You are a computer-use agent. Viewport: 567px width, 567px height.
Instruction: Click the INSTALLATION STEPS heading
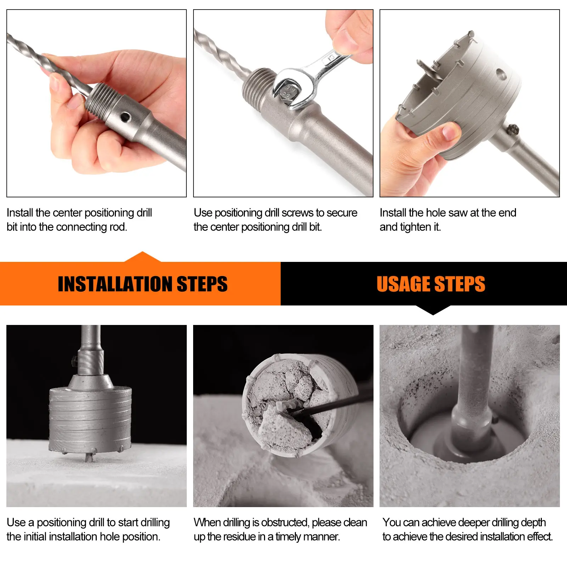[142, 284]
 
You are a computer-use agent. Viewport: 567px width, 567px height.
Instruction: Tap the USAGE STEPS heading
[431, 284]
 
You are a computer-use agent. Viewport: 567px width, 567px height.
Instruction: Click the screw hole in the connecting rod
[125, 116]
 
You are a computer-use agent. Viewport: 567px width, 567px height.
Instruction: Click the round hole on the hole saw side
[501, 74]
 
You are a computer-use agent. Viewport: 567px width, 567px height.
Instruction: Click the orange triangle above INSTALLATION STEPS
[142, 257]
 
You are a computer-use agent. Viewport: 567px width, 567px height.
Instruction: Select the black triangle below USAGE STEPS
[433, 310]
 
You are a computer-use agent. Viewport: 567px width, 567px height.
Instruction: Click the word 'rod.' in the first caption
[118, 227]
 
